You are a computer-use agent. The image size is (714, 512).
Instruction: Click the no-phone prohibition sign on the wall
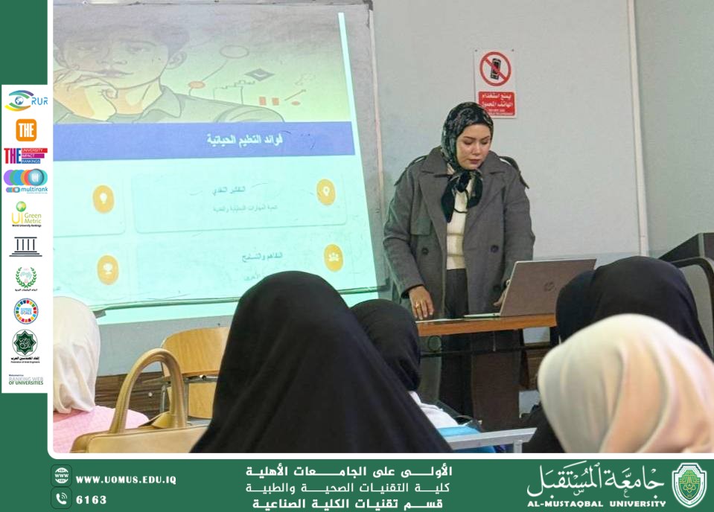496,83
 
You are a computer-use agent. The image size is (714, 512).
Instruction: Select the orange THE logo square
26,129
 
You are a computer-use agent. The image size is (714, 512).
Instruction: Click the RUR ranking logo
26,100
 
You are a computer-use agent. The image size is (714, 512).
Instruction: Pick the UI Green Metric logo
26,214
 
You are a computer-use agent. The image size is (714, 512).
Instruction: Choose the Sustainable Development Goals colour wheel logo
26,310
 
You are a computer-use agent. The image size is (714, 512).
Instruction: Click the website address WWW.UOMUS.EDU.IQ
126,480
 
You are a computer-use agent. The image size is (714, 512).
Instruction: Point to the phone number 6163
92,499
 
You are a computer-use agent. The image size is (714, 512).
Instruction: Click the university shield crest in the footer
689,484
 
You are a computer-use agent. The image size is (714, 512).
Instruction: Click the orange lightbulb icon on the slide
103,199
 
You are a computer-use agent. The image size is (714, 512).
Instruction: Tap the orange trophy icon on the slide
108,269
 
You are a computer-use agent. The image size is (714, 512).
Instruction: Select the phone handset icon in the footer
62,499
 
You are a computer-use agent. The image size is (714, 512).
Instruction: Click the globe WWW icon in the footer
62,476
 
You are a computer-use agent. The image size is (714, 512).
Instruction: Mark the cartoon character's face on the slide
112,52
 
